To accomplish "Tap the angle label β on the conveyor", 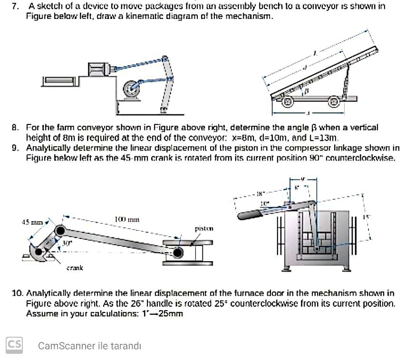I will coord(307,90).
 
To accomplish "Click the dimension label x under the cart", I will coord(308,114).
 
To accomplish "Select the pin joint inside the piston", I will coord(178,253).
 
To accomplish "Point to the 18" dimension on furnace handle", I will coord(261,193).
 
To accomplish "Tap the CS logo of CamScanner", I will coord(14,345).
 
